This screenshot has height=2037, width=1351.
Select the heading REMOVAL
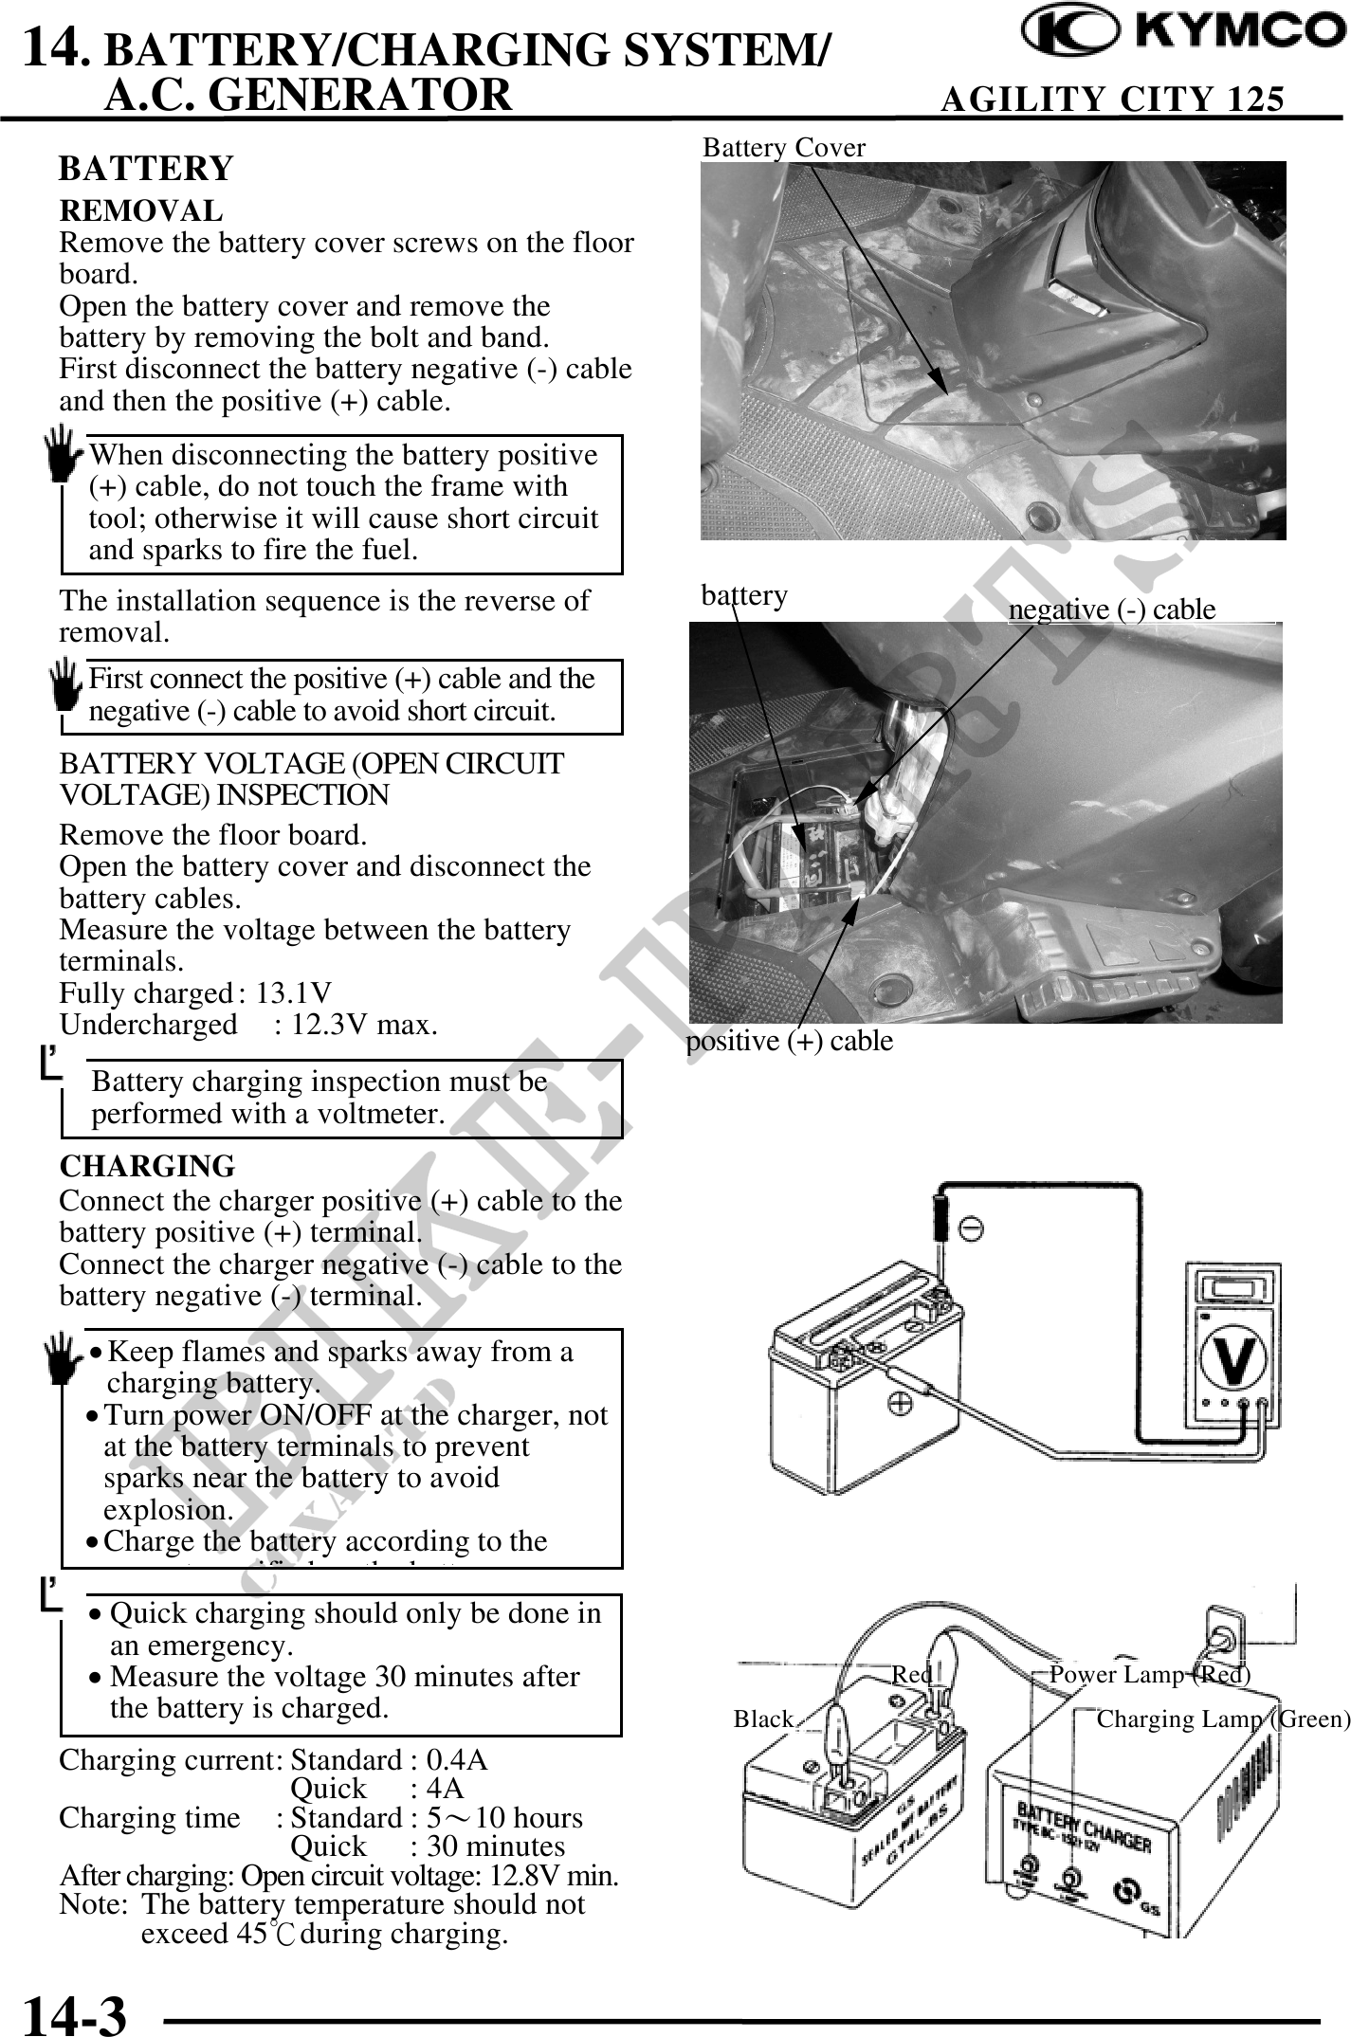(x=141, y=210)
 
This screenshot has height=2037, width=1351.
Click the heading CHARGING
(x=147, y=1166)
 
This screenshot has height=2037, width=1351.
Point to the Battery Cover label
(x=783, y=148)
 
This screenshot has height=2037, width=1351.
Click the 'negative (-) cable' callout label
(x=1111, y=609)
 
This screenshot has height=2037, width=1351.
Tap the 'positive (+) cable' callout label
(x=789, y=1041)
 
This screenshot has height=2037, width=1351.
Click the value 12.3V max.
(x=356, y=1025)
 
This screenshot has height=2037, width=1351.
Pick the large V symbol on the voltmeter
(x=1232, y=1358)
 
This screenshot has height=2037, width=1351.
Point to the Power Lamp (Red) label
(x=1149, y=1675)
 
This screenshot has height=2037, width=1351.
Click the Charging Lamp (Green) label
(x=1222, y=1719)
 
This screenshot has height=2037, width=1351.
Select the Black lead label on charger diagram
(x=763, y=1719)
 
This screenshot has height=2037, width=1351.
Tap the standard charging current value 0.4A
(x=457, y=1760)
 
